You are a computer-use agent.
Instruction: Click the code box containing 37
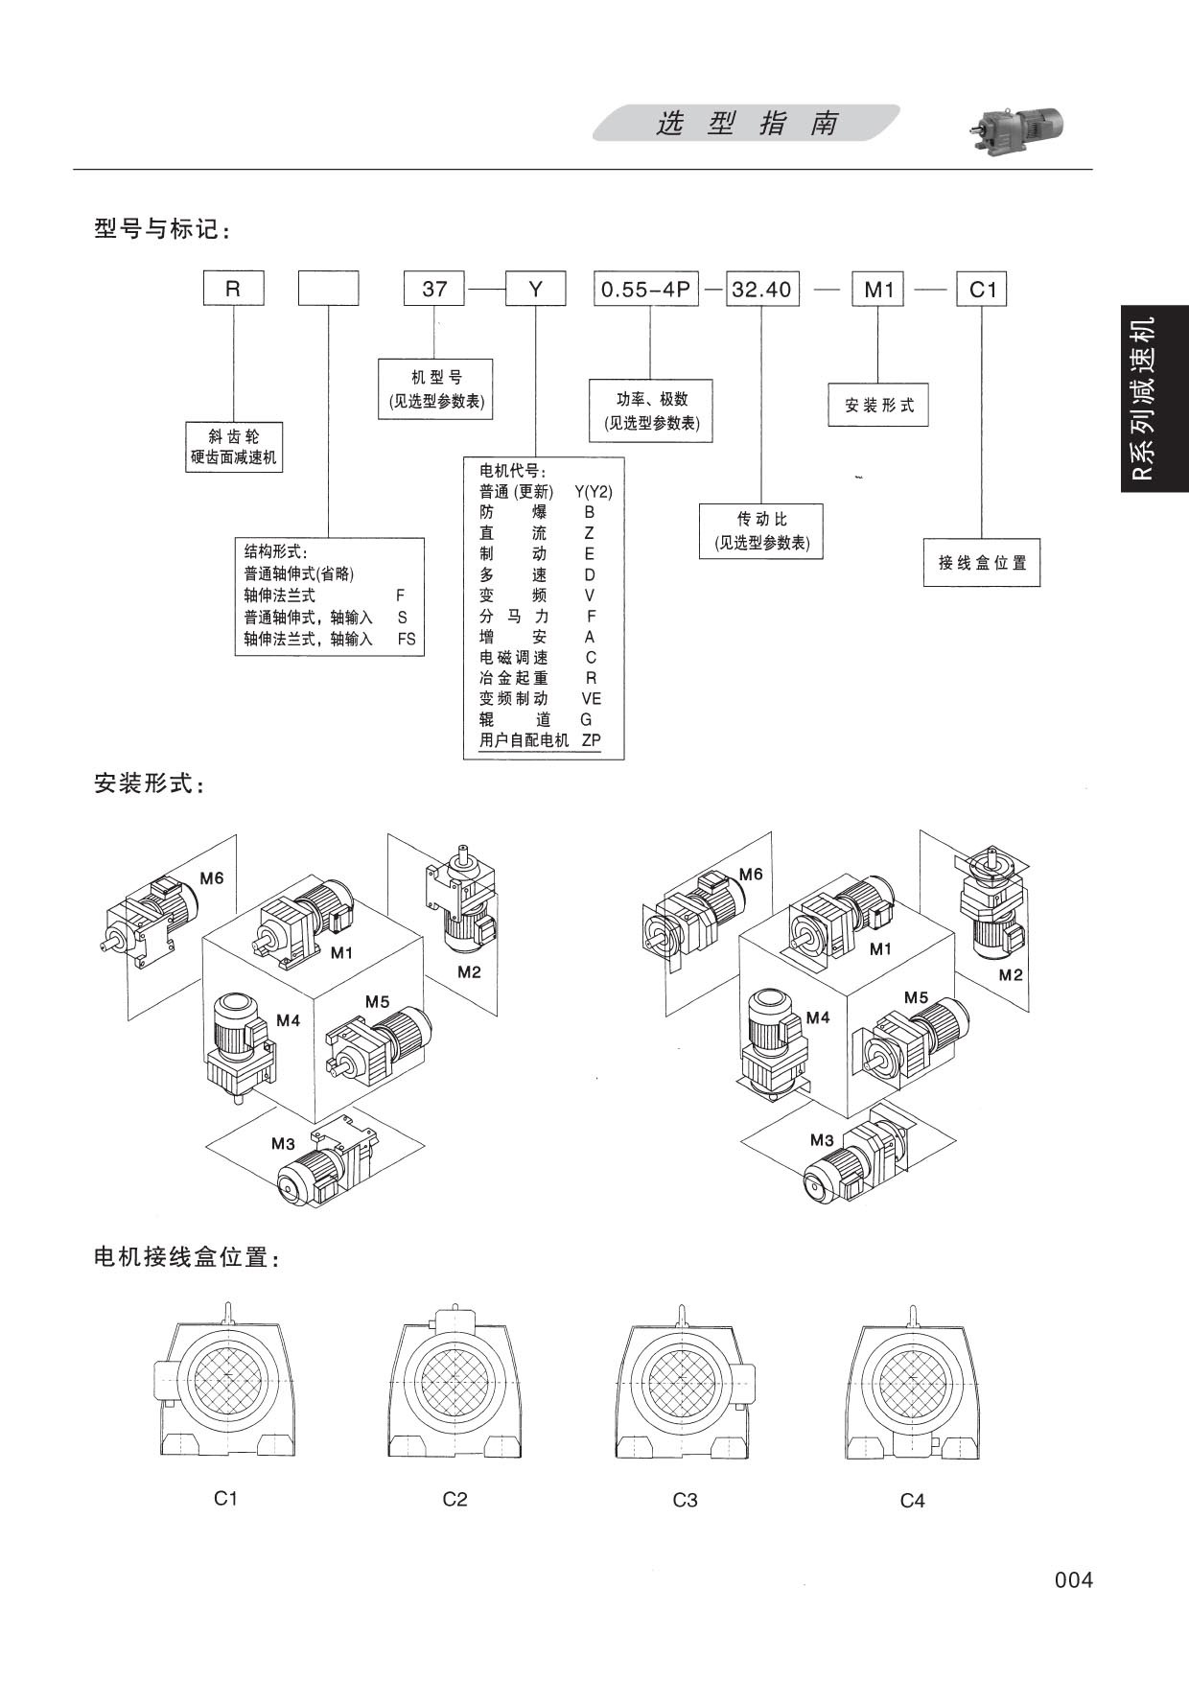(434, 289)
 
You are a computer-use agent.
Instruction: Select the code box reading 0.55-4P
(646, 289)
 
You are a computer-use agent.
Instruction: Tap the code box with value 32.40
(761, 289)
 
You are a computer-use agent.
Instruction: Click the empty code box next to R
(329, 289)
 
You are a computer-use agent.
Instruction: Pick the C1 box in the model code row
(983, 289)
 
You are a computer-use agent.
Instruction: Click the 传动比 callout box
(761, 530)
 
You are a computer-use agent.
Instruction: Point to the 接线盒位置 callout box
(982, 563)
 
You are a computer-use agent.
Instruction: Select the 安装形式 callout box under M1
(878, 405)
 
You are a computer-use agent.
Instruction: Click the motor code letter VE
(591, 699)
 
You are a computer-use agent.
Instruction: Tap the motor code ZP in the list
(591, 740)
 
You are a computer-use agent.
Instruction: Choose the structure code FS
(407, 639)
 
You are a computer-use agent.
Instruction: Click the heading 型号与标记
(162, 229)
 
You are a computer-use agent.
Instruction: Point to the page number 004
(1073, 1579)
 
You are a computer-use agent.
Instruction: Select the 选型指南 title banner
(746, 124)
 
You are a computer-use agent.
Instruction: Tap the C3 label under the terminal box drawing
(685, 1500)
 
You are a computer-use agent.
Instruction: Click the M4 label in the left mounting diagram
(288, 1020)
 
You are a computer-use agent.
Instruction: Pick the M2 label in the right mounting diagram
(1011, 975)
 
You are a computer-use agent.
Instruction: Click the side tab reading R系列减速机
(1154, 399)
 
